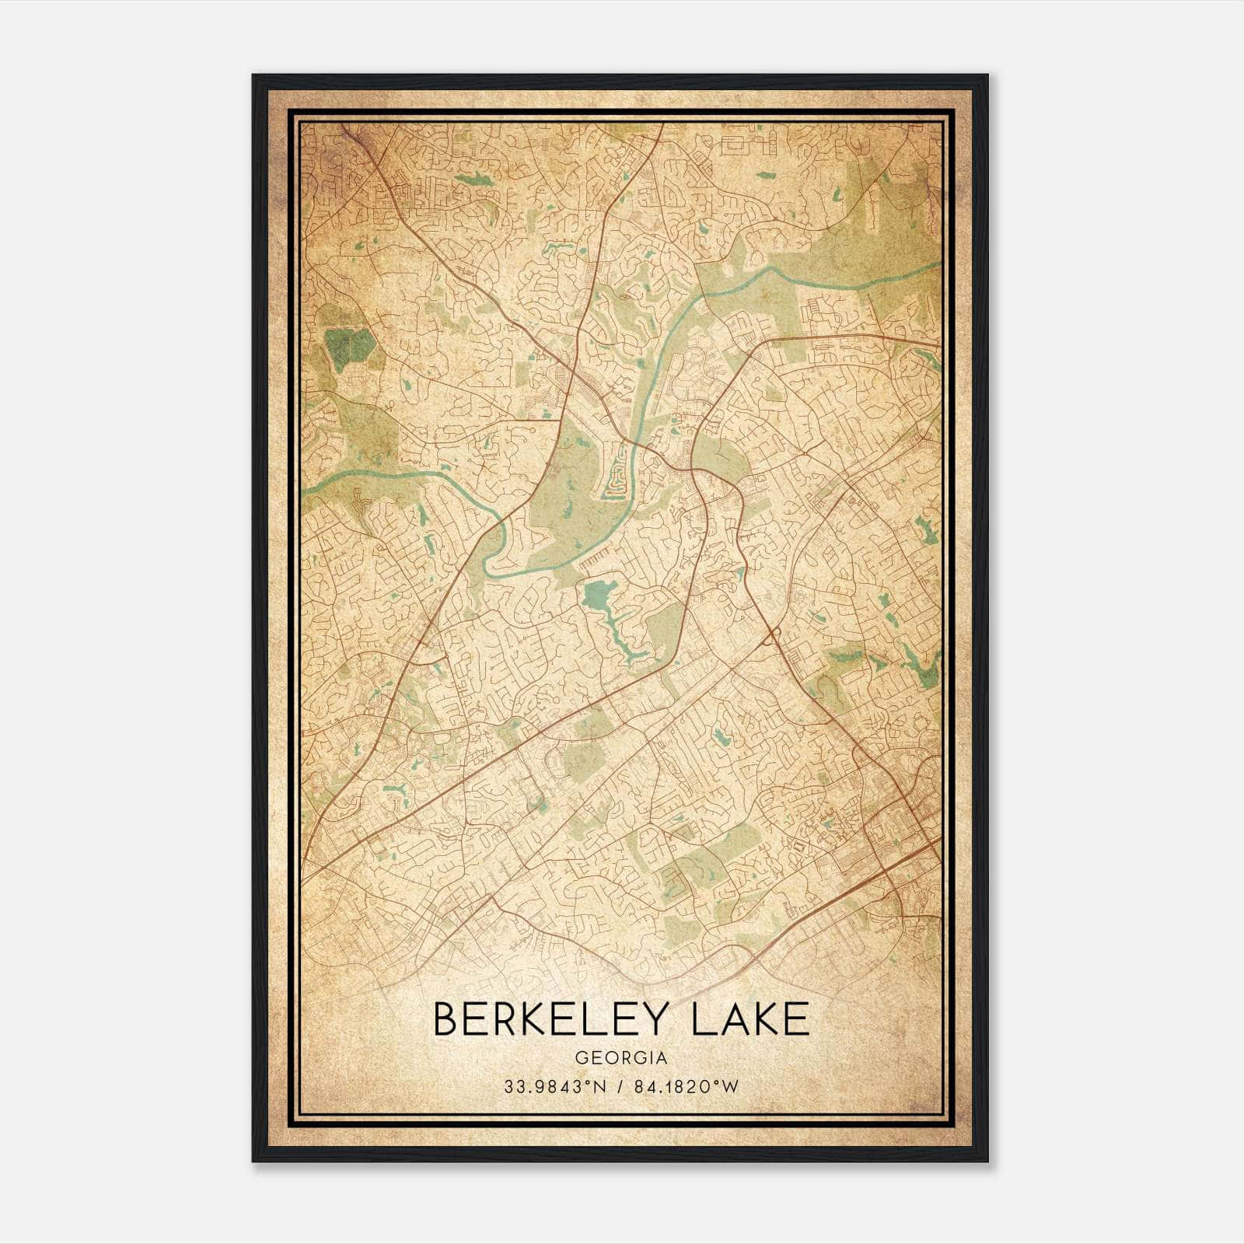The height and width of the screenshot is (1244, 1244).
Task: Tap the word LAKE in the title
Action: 750,1019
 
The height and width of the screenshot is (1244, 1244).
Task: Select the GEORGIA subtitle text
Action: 620,1058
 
